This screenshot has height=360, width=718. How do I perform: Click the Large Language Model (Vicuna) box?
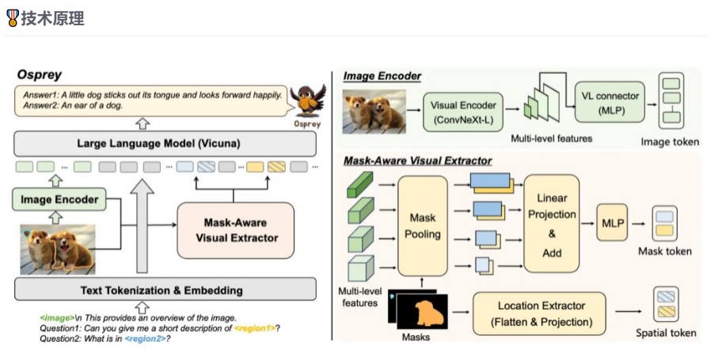point(158,143)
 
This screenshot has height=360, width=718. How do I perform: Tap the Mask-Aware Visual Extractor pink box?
point(235,229)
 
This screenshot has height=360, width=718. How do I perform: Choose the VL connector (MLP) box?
point(609,100)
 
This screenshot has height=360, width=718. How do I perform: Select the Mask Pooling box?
point(423,225)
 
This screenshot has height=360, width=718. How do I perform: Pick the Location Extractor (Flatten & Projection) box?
point(539,313)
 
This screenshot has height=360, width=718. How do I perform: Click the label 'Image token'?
point(670,142)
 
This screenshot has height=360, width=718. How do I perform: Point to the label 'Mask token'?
point(664,251)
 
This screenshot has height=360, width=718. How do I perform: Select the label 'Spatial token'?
point(667,333)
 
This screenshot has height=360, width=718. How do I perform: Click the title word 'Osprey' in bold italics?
point(40,74)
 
